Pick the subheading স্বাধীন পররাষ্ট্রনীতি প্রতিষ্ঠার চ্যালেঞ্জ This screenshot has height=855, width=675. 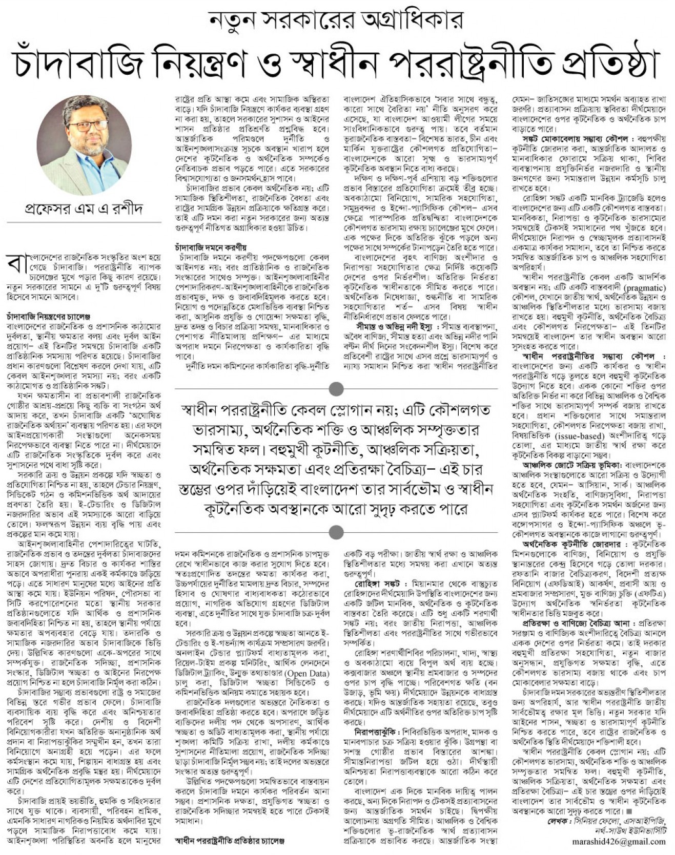tap(229, 841)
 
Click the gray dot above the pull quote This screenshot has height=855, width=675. tap(336, 389)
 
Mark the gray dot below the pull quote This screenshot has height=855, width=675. tap(336, 531)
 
